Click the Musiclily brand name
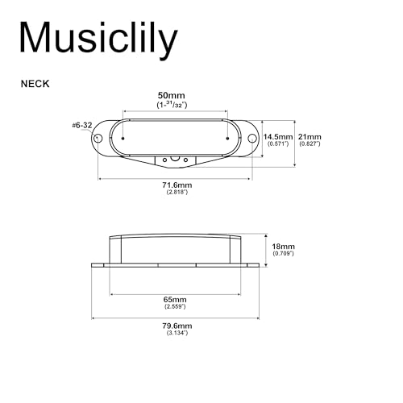point(98,39)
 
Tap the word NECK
point(35,84)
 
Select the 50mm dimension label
point(172,95)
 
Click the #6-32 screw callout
point(82,125)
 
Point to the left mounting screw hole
point(98,139)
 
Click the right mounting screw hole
point(252,139)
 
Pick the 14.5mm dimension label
point(278,137)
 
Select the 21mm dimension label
point(310,137)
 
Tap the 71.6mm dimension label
point(177,185)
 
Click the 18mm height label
point(283,247)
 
